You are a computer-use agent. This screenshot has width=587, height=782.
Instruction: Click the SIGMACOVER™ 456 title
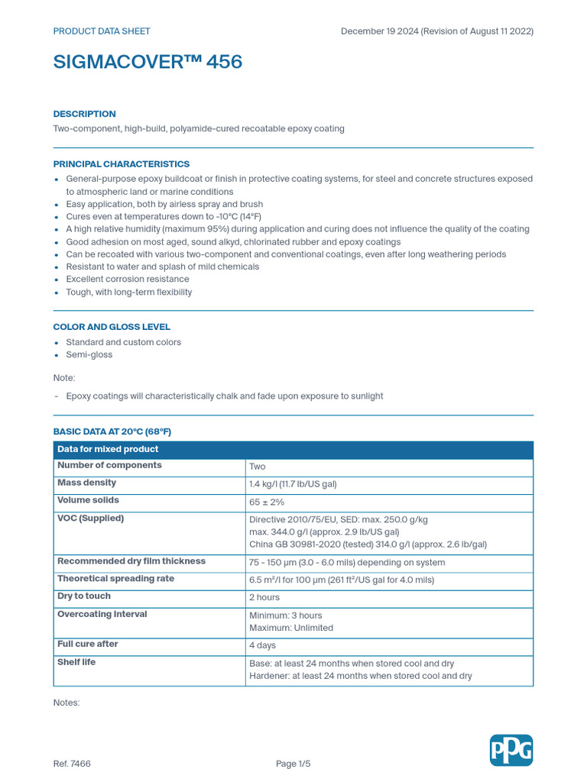[x=148, y=63]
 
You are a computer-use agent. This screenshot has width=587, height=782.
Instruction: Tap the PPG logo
[x=511, y=750]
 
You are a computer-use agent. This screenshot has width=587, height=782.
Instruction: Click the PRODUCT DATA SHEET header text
[x=102, y=31]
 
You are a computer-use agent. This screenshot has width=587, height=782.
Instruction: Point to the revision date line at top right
[x=436, y=31]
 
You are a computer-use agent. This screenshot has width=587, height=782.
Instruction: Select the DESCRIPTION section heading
[x=84, y=114]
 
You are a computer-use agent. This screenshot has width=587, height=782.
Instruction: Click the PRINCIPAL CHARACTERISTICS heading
[x=121, y=164]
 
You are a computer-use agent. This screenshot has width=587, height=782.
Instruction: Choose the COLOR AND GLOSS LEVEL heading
[x=112, y=327]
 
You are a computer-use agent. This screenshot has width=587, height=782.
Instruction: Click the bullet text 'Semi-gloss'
[x=89, y=355]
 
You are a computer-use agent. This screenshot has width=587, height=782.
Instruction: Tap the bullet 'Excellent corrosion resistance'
[x=127, y=280]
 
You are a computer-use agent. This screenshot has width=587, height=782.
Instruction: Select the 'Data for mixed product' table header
[x=108, y=449]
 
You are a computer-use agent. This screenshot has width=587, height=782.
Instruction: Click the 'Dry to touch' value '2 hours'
[x=264, y=597]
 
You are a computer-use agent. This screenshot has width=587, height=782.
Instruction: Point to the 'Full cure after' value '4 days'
[x=263, y=646]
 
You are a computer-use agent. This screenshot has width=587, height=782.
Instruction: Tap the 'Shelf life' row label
[x=76, y=662]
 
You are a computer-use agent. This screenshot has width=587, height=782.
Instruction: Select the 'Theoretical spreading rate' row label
[x=115, y=579]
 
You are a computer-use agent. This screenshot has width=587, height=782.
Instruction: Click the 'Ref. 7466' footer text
[x=72, y=764]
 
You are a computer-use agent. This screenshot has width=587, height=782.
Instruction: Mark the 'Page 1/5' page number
[x=293, y=764]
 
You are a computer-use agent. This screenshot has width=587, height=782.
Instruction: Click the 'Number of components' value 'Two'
[x=258, y=467]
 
